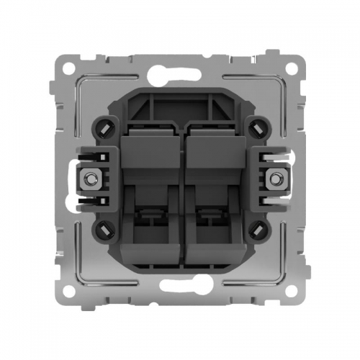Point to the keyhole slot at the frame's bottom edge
[x=180, y=294]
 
